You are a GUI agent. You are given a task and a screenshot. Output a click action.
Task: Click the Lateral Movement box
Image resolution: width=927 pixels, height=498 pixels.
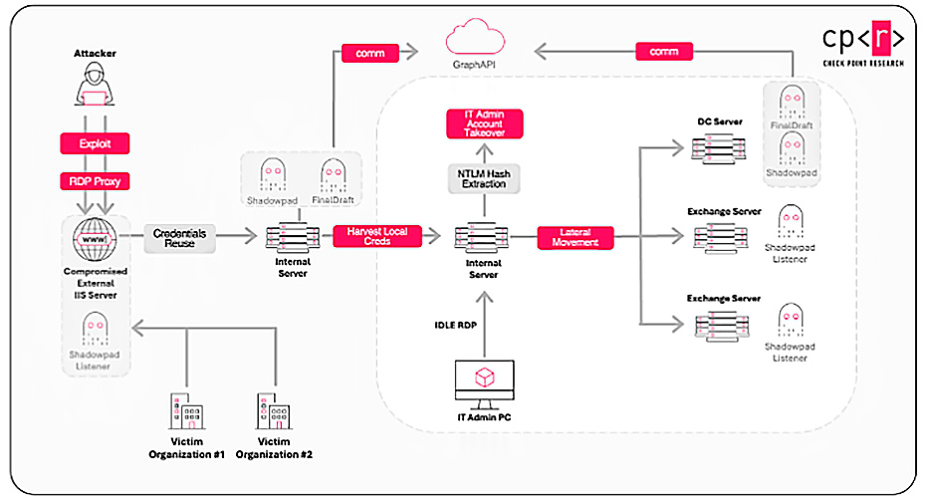pos(575,237)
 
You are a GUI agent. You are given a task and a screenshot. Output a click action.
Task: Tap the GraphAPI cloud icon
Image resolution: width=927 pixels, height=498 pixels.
pos(473,42)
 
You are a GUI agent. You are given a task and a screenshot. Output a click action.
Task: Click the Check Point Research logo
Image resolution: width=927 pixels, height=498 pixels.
pos(862,46)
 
